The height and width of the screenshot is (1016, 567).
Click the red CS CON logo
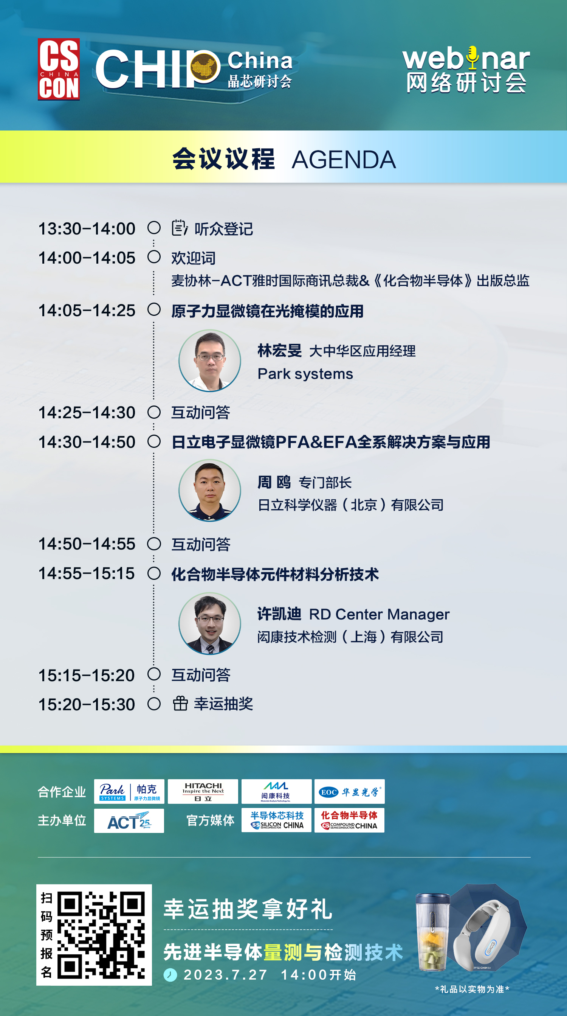pos(59,70)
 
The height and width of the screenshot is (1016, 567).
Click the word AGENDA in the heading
pos(344,160)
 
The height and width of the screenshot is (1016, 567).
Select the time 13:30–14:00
pos(87,229)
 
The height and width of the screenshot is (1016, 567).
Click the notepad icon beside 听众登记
pos(179,228)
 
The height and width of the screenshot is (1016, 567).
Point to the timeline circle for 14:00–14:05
pos(154,257)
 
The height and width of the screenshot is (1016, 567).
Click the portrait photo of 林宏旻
pos(210,360)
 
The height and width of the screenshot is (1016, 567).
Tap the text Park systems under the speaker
pos(305,374)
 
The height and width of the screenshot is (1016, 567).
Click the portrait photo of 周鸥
pos(210,490)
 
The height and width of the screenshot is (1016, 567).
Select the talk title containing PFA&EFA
pos(331,442)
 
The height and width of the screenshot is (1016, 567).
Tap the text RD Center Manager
pos(379,614)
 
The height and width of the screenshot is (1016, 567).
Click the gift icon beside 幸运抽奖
pos(180,703)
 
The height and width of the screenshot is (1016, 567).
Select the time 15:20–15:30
pos(87,704)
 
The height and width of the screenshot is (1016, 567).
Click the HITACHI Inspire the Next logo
pos(203,791)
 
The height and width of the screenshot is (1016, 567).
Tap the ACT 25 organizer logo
pos(129,820)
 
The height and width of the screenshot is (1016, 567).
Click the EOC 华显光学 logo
pos(350,791)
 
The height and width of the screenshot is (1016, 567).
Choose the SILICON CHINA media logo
pos(277,820)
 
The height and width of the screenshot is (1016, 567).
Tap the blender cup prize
pos(433,932)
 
